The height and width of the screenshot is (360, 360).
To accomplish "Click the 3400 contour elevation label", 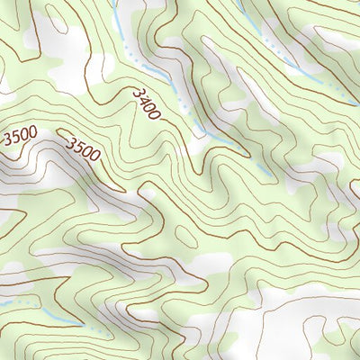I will pos(147,104).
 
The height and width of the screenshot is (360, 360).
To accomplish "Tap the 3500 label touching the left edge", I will pos(20,138).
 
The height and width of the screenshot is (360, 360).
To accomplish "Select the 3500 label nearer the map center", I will pos(83,149).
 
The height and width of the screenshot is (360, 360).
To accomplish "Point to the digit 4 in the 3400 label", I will pos(142,100).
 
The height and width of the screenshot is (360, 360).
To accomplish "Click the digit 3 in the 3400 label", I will pos(137,93).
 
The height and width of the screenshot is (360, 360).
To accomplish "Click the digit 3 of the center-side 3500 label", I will pos(70,142).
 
